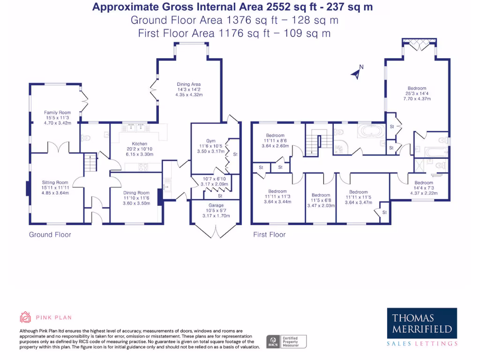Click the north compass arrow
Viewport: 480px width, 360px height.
tap(358, 72)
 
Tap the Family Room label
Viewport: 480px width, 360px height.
tap(57, 112)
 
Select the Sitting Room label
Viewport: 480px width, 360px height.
tap(55, 182)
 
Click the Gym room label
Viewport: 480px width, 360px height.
tap(210, 141)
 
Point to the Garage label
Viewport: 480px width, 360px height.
tap(216, 205)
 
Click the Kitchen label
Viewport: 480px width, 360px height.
tap(139, 144)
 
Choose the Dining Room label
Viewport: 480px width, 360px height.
tap(136, 193)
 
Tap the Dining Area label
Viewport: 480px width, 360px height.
tap(188, 84)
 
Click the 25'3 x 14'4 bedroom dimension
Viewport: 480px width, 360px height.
tap(417, 93)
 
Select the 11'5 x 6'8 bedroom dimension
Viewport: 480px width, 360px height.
tap(321, 200)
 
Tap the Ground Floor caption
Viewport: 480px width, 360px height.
tap(50, 234)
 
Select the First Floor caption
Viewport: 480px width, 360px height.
tap(269, 234)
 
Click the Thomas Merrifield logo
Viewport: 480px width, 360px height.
tap(422, 323)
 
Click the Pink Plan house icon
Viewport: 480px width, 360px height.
tap(25, 317)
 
